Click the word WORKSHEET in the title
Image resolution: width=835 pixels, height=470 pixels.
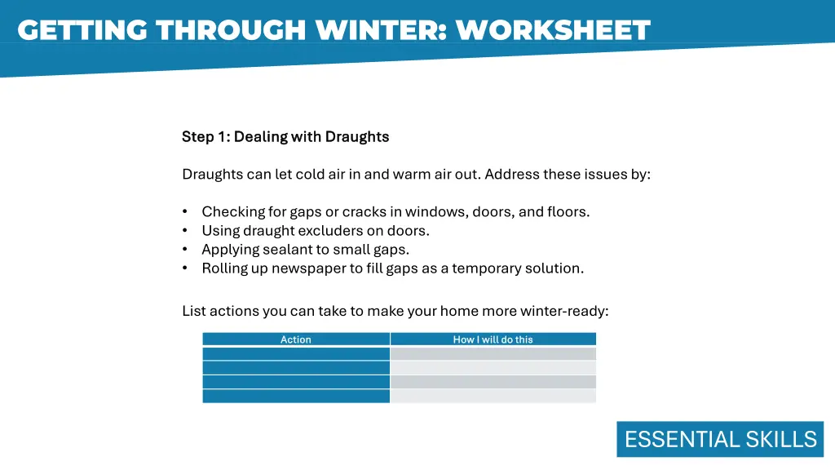click(x=553, y=30)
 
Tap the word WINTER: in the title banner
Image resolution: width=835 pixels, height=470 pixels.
click(x=379, y=30)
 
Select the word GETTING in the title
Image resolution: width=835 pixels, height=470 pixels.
click(x=82, y=30)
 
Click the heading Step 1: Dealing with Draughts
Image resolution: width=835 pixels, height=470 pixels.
click(x=285, y=137)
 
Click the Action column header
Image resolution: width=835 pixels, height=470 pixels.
click(x=295, y=339)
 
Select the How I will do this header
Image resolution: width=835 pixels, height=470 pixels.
click(x=493, y=339)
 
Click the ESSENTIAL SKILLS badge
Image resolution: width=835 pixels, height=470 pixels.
click(x=720, y=439)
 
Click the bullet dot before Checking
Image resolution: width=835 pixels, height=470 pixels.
click(x=186, y=212)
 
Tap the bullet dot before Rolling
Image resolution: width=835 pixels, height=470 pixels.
click(x=186, y=268)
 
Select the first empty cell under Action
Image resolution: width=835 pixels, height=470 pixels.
click(x=296, y=354)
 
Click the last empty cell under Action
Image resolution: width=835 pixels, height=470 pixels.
click(x=296, y=396)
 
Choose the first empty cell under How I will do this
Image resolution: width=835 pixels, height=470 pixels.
click(x=493, y=354)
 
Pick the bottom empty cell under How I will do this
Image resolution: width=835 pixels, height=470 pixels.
click(x=493, y=396)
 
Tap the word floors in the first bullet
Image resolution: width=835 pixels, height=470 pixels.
click(x=568, y=212)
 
